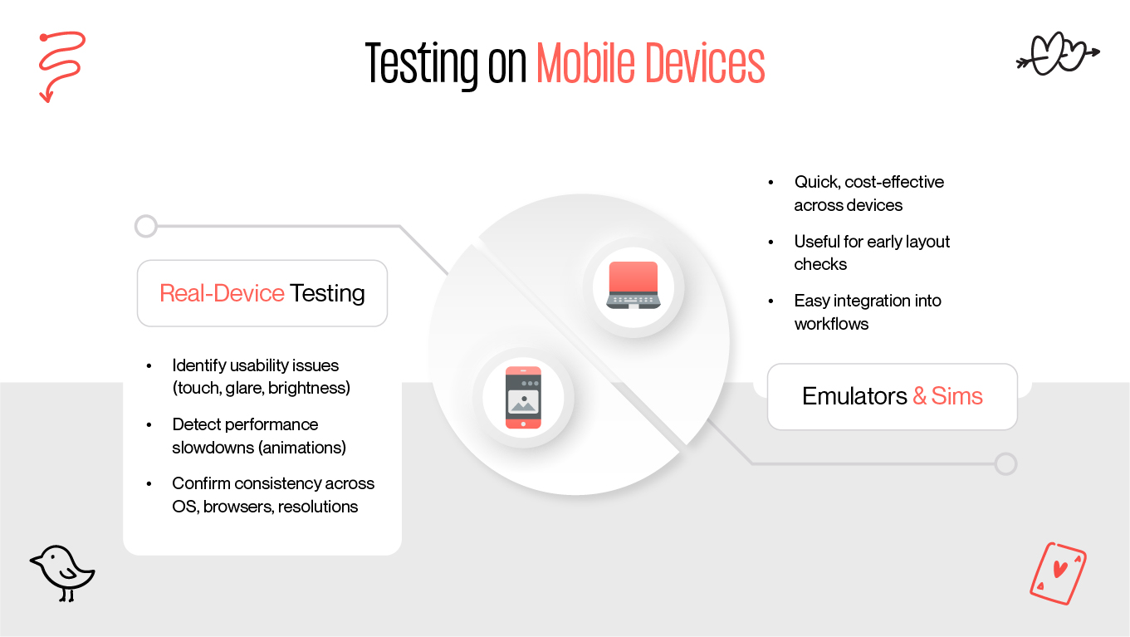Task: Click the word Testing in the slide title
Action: tap(421, 63)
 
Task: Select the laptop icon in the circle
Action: tap(633, 285)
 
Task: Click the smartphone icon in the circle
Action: tap(523, 397)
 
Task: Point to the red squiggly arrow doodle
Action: tap(61, 65)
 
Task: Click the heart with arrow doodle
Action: tap(1057, 55)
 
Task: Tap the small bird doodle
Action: tap(63, 572)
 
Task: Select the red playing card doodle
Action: tap(1058, 573)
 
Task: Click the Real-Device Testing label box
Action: tap(262, 293)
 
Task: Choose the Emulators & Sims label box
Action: tap(892, 396)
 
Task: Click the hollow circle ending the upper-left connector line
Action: tap(145, 226)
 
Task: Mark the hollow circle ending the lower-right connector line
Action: tap(1005, 463)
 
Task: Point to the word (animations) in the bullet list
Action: tap(302, 448)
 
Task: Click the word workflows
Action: tap(831, 324)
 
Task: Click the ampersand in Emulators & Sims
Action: tap(919, 396)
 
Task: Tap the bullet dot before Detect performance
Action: tap(149, 424)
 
